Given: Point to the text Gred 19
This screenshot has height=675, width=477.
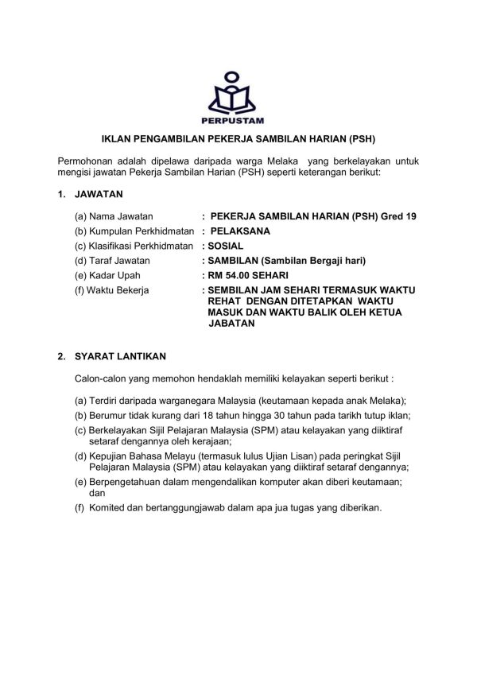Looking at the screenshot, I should (x=397, y=216).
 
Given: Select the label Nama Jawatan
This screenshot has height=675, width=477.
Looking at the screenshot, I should (x=126, y=216).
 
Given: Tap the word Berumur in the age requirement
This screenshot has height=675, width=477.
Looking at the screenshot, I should (x=111, y=415).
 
